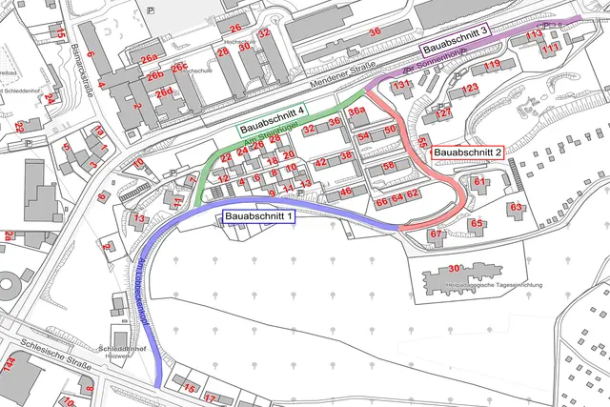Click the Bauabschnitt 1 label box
pyautogui.click(x=259, y=217)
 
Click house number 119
pyautogui.click(x=491, y=65)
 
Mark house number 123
pyautogui.click(x=470, y=89)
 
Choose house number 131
pyautogui.click(x=403, y=85)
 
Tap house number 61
pyautogui.click(x=480, y=181)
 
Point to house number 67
pyautogui.click(x=437, y=234)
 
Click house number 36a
pyautogui.click(x=356, y=112)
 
